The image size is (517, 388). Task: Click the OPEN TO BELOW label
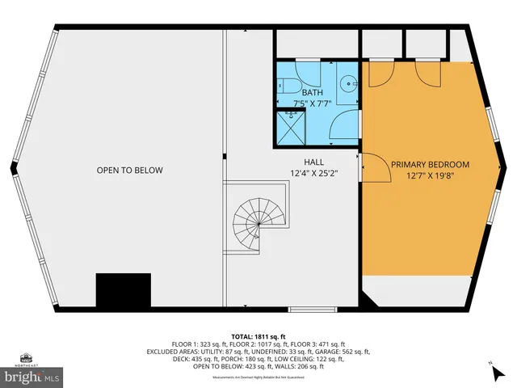coord(129,171)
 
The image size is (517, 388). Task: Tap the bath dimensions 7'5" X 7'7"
coord(315,103)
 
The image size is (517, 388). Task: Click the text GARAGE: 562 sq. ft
coord(343,352)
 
